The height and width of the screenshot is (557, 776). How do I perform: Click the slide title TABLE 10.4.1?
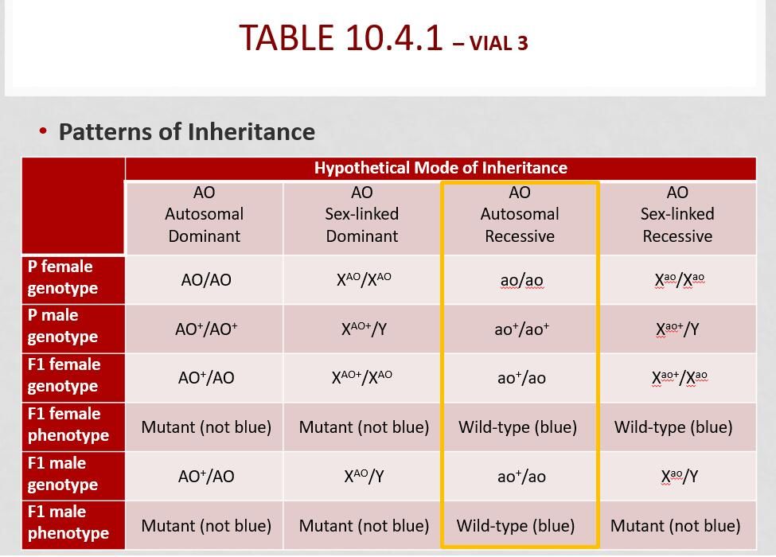point(341,38)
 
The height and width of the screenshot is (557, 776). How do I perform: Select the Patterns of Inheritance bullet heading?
point(186,131)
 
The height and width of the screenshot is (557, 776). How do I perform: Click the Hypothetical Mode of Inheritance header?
point(440,168)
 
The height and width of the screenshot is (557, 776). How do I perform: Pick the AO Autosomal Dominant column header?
point(204,215)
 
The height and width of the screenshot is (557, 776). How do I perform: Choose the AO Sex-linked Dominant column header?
point(361,215)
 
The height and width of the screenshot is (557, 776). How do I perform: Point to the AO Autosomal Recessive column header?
point(519,215)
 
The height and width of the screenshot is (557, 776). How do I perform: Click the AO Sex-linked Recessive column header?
point(677,215)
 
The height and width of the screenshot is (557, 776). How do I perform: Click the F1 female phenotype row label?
point(68,425)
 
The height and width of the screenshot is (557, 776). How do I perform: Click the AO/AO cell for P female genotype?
point(205,280)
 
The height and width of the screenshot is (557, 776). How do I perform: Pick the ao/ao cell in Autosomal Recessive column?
point(521,280)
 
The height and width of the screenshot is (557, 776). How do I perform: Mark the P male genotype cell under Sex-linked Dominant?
point(364,329)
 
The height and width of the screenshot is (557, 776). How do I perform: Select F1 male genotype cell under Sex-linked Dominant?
point(364,477)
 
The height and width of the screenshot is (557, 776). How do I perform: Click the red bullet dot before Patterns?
point(43,130)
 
